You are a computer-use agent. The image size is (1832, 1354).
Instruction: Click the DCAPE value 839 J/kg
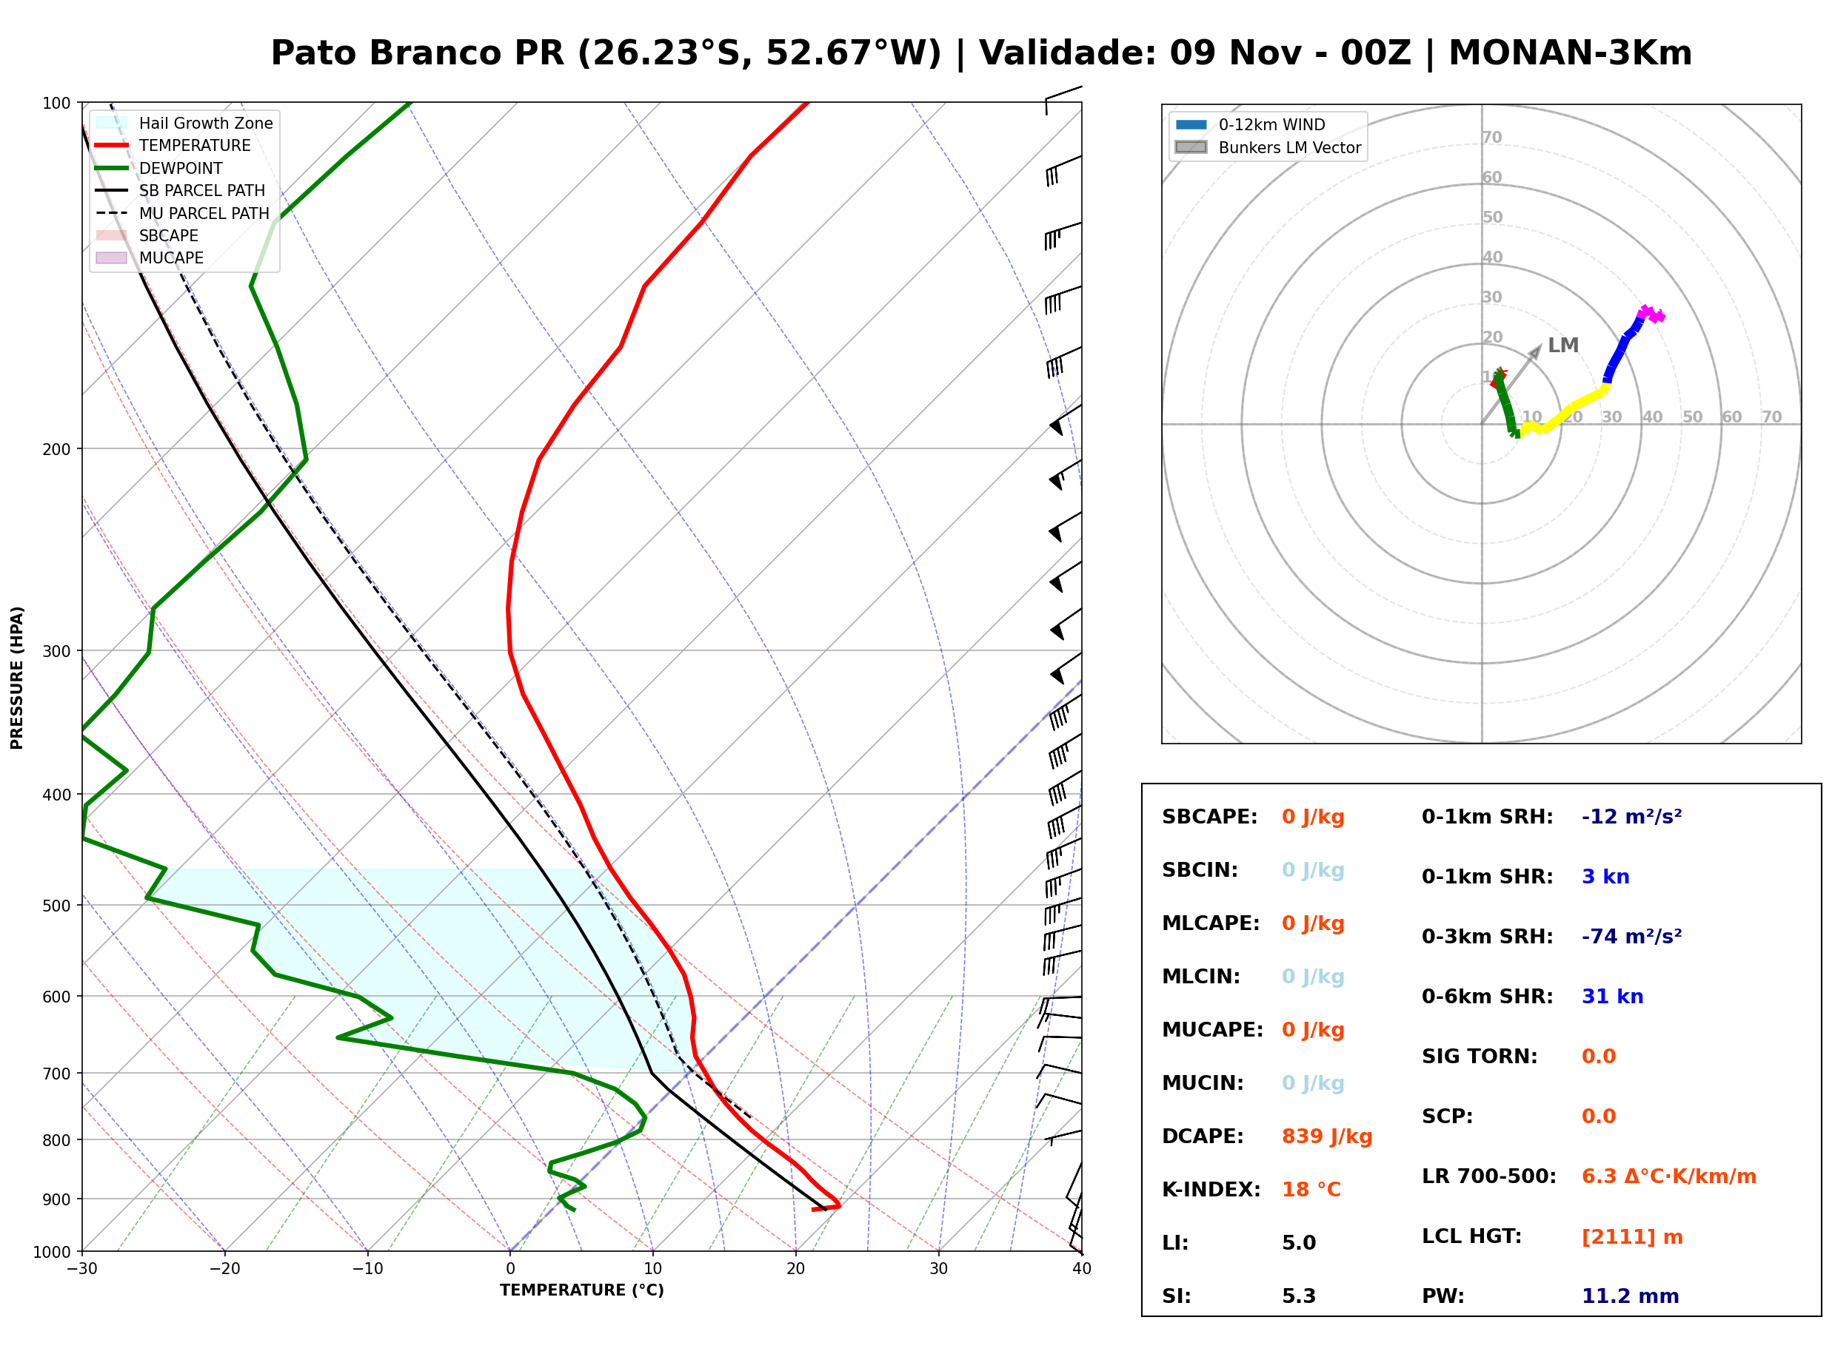1327,1136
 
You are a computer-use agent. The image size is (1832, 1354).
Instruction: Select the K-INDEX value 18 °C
1311,1190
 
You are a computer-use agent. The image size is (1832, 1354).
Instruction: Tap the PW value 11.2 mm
1631,1296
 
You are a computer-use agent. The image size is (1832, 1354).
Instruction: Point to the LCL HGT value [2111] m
1632,1237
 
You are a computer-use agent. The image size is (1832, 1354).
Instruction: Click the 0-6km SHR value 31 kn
1612,997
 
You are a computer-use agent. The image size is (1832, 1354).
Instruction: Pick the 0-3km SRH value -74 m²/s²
1631,937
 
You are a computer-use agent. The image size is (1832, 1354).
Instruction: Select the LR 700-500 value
1669,1177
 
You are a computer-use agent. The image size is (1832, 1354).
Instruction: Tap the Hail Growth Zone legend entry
184,123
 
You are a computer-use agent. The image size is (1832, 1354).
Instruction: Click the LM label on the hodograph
1563,345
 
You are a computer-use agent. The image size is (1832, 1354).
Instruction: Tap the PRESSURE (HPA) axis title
16,678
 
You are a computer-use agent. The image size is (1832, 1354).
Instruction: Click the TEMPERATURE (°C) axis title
582,1291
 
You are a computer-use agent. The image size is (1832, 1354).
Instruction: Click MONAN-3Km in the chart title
1571,53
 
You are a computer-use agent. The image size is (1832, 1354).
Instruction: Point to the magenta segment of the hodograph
1651,314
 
